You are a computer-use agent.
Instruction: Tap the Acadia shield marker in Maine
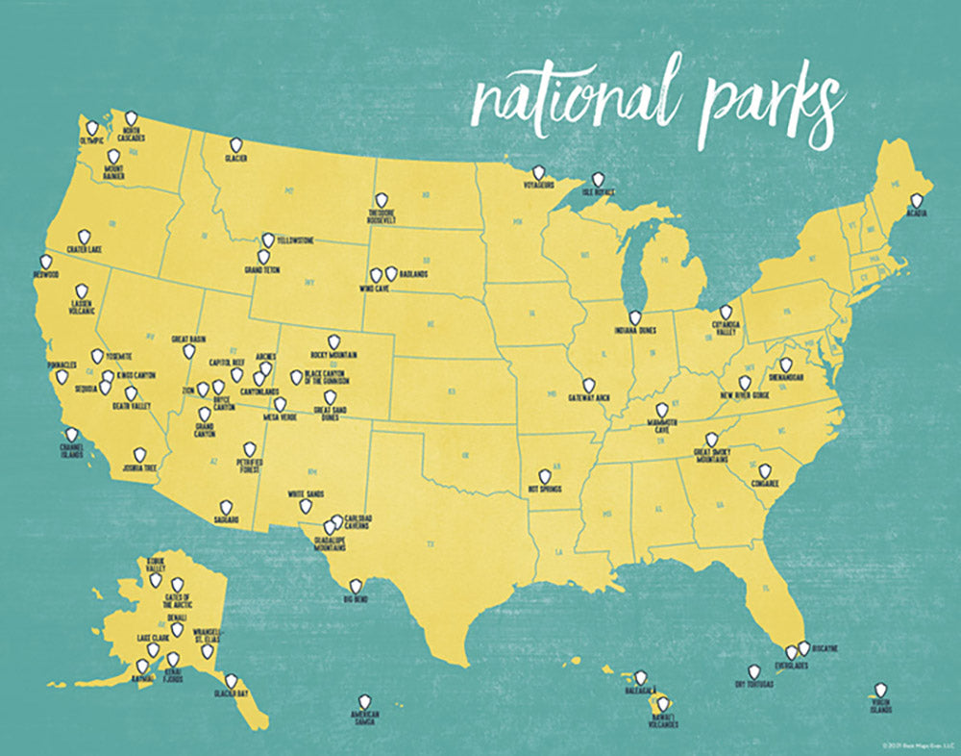pyautogui.click(x=917, y=201)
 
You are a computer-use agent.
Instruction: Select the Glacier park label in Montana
pyautogui.click(x=237, y=157)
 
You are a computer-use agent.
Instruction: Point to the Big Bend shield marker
pyautogui.click(x=356, y=586)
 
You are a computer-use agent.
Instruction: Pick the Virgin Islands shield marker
pyautogui.click(x=879, y=690)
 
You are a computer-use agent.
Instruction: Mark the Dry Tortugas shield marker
pyautogui.click(x=754, y=671)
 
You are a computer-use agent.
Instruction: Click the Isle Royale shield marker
pyautogui.click(x=598, y=179)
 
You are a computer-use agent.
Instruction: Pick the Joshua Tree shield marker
pyautogui.click(x=139, y=453)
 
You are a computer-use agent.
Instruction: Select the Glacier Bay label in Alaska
pyautogui.click(x=232, y=693)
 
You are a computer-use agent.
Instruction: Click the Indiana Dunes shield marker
pyautogui.click(x=634, y=316)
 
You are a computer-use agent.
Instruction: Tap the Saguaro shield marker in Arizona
pyautogui.click(x=226, y=507)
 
